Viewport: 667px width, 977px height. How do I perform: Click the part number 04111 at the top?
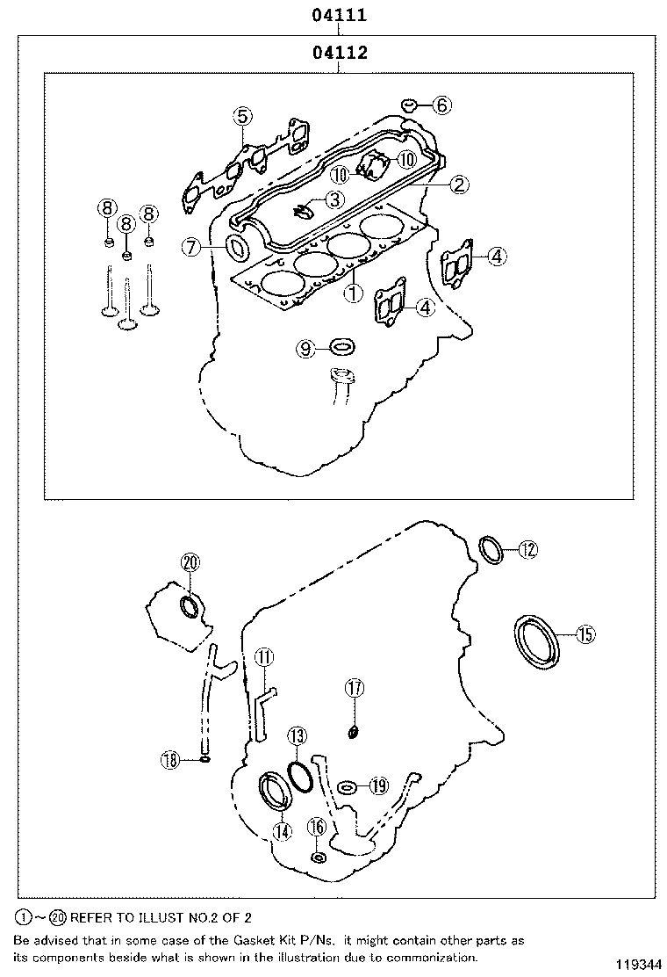click(337, 15)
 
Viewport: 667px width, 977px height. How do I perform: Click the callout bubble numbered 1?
click(353, 293)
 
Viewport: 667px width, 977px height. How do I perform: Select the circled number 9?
click(305, 349)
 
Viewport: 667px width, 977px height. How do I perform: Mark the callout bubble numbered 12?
click(527, 550)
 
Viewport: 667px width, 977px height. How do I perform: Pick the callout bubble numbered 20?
click(190, 563)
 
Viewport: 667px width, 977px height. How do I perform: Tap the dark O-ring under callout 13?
click(299, 774)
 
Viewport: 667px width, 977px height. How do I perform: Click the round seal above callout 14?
click(276, 789)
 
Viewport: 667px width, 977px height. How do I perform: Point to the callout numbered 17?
click(354, 689)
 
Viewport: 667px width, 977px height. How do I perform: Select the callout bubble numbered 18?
click(170, 758)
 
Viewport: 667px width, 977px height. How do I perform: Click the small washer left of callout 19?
click(348, 785)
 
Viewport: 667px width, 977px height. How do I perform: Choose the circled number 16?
click(317, 827)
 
